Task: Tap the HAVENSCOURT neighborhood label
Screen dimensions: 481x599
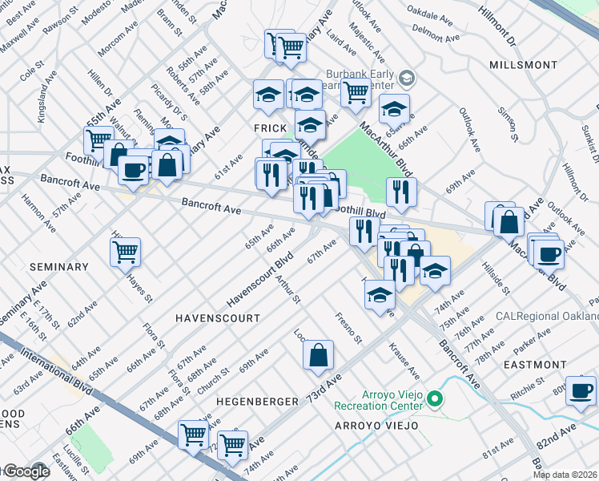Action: point(218,318)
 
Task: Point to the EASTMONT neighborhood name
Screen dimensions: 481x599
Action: point(537,364)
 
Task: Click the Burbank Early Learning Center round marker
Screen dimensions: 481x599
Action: point(407,78)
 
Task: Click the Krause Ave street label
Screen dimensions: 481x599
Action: point(404,361)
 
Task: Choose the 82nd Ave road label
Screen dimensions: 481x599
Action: point(559,440)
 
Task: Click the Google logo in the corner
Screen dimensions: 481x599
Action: point(26,472)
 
